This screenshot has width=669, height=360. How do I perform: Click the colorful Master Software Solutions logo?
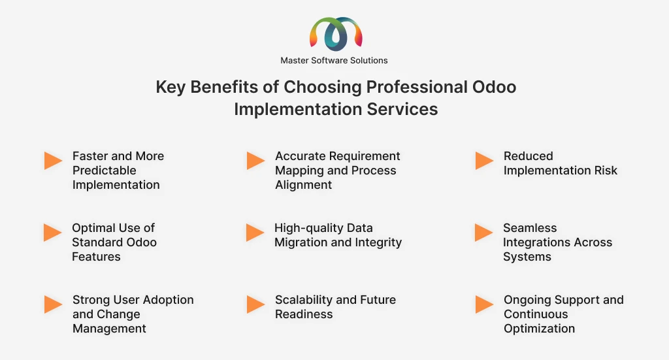[336, 34]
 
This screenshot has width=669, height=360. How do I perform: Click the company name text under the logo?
[334, 61]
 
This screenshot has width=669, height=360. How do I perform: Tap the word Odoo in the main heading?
[494, 87]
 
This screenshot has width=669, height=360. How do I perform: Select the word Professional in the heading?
[417, 87]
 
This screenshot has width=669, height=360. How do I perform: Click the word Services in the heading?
[402, 109]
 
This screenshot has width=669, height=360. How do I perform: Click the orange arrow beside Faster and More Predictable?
[54, 161]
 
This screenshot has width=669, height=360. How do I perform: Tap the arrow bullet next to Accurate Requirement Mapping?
[256, 161]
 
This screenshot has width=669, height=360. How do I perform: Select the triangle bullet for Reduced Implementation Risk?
[485, 161]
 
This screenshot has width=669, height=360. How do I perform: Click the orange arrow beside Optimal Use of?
[53, 233]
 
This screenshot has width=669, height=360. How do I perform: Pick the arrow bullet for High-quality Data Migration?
[255, 233]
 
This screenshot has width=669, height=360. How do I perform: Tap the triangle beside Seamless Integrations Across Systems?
[484, 233]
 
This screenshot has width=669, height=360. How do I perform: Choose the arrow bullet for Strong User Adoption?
[54, 304]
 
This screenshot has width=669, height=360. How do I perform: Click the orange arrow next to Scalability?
[256, 304]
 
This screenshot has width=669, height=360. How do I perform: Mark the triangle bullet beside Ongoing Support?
[485, 304]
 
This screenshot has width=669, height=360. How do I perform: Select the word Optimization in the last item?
[539, 329]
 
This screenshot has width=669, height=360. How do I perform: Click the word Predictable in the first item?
[104, 171]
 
